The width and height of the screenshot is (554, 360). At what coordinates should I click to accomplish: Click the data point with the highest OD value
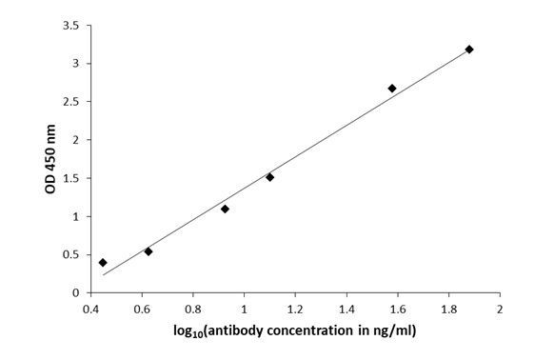(469, 49)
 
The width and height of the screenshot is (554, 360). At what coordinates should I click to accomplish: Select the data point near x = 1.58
(392, 89)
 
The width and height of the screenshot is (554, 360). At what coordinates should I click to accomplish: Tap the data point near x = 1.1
(269, 177)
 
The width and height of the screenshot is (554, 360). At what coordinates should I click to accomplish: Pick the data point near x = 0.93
(225, 209)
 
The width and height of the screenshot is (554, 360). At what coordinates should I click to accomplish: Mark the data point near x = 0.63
(148, 251)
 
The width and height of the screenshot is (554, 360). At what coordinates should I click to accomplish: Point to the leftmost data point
(103, 262)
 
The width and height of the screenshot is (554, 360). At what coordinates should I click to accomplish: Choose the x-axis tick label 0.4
(91, 310)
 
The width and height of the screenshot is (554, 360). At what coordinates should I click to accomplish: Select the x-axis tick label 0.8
(193, 310)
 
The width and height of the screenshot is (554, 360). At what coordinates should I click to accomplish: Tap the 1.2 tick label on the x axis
(295, 310)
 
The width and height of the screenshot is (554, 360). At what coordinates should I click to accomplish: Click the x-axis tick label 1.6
(397, 310)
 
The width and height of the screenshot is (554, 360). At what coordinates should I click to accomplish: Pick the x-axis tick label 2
(499, 310)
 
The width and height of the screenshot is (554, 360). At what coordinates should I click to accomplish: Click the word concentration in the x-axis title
(320, 331)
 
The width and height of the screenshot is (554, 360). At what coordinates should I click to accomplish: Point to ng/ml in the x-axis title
(393, 331)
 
